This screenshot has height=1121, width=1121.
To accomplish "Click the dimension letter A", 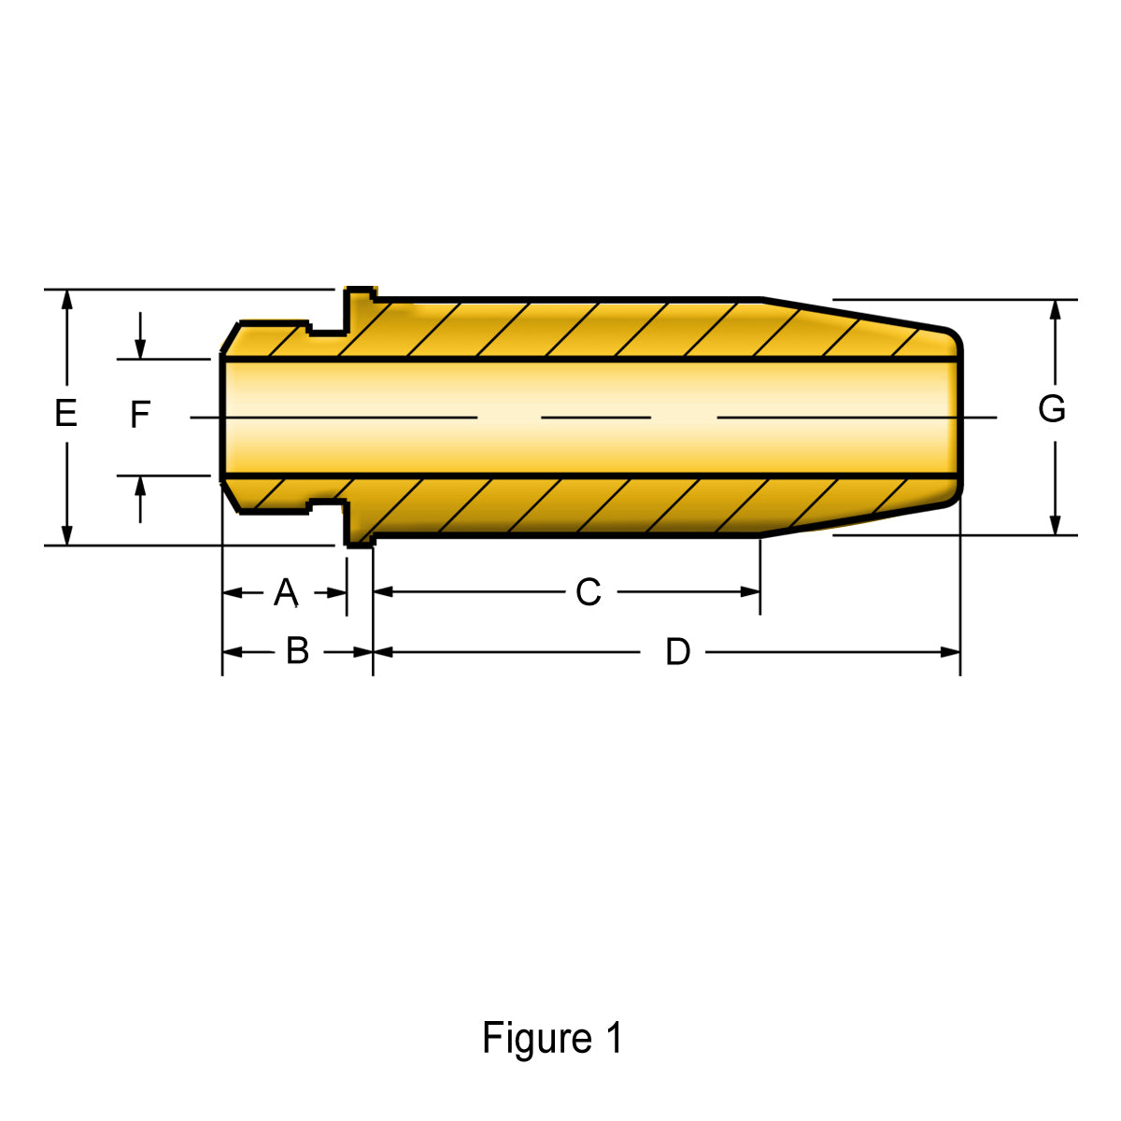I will coord(286,592).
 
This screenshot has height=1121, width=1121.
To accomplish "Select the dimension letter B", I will coord(297,651).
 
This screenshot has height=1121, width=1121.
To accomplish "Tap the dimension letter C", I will coord(588,592).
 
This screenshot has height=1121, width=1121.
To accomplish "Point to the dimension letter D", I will coord(677,652).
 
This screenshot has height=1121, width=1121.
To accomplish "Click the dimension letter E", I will coord(65,413).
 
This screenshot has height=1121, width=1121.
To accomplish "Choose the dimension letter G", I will coord(1052,409).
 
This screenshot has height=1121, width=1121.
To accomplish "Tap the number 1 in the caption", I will coord(614,1039).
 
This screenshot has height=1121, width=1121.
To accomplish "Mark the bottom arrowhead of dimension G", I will coord(1056,525).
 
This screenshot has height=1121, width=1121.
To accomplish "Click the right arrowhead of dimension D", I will coord(950,652).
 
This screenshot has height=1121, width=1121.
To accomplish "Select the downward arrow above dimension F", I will coord(140,348).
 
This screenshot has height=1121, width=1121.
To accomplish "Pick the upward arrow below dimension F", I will coord(140,487).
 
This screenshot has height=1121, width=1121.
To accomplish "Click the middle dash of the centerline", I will coord(596,417).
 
